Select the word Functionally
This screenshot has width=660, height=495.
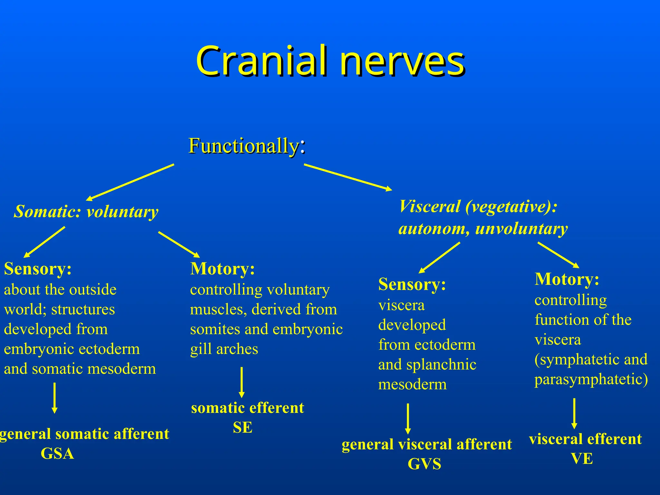coord(244,146)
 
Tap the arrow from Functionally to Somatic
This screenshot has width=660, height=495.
coord(131,182)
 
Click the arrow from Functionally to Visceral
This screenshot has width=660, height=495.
coord(348,177)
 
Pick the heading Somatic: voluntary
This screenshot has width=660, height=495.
coord(86,212)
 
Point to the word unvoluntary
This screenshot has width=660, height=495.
coord(521,229)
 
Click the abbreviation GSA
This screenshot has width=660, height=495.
coord(57,453)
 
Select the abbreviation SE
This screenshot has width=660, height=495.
coord(242,428)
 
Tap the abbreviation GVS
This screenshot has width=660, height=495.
coord(424,464)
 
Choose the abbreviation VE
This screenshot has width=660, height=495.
coord(582,459)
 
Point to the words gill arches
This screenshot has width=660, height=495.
coord(224,349)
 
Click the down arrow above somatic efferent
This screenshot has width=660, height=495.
coord(242,382)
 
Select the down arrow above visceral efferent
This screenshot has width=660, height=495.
coord(574,413)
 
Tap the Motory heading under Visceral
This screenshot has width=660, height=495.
coord(567,279)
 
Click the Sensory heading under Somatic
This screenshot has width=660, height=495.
coord(38,268)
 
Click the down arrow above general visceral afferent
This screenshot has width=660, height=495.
coord(408,419)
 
